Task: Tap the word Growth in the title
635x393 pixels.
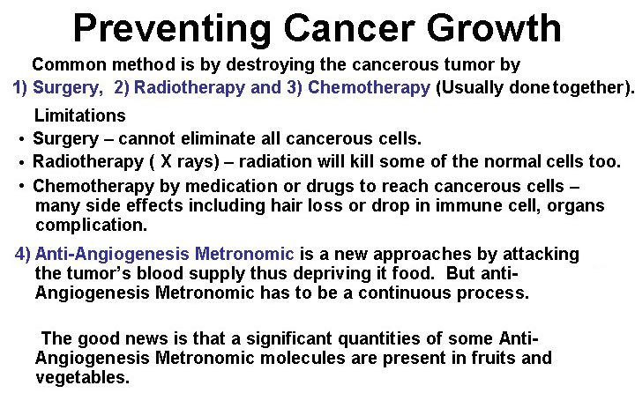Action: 494,27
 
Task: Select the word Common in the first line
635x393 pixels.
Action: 70,64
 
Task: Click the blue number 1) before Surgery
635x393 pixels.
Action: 19,87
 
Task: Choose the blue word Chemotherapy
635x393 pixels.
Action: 369,88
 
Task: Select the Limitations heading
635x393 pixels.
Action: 79,115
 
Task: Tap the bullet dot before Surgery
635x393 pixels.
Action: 21,139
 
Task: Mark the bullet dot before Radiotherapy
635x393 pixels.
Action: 21,163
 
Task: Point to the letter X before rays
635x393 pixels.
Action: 166,161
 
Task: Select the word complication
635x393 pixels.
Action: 91,226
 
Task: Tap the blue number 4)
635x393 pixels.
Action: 23,254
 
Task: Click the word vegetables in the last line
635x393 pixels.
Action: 83,378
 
